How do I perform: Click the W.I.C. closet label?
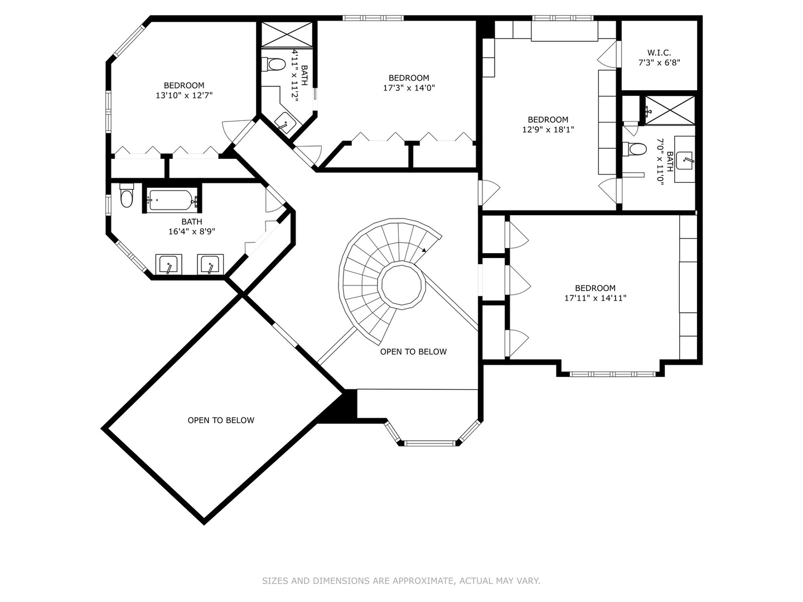[659, 52]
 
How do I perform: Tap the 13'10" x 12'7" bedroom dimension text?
[184, 95]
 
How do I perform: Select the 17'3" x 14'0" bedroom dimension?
[409, 88]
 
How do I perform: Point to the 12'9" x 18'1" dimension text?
[548, 130]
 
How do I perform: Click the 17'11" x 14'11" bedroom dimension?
[595, 298]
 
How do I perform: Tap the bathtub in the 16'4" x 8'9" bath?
[172, 200]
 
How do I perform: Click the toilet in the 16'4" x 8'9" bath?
[127, 195]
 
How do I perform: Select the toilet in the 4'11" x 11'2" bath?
[274, 65]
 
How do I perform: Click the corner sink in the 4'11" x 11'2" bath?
[285, 123]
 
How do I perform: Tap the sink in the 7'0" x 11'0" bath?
[684, 160]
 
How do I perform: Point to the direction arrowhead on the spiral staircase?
[424, 250]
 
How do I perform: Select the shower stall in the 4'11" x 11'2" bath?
[287, 35]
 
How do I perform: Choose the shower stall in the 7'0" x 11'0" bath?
[670, 110]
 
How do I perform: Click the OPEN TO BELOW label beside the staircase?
[413, 352]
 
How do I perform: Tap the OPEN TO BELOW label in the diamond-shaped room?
[221, 420]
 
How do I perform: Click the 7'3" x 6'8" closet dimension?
[659, 62]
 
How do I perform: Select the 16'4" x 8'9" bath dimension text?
[192, 231]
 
